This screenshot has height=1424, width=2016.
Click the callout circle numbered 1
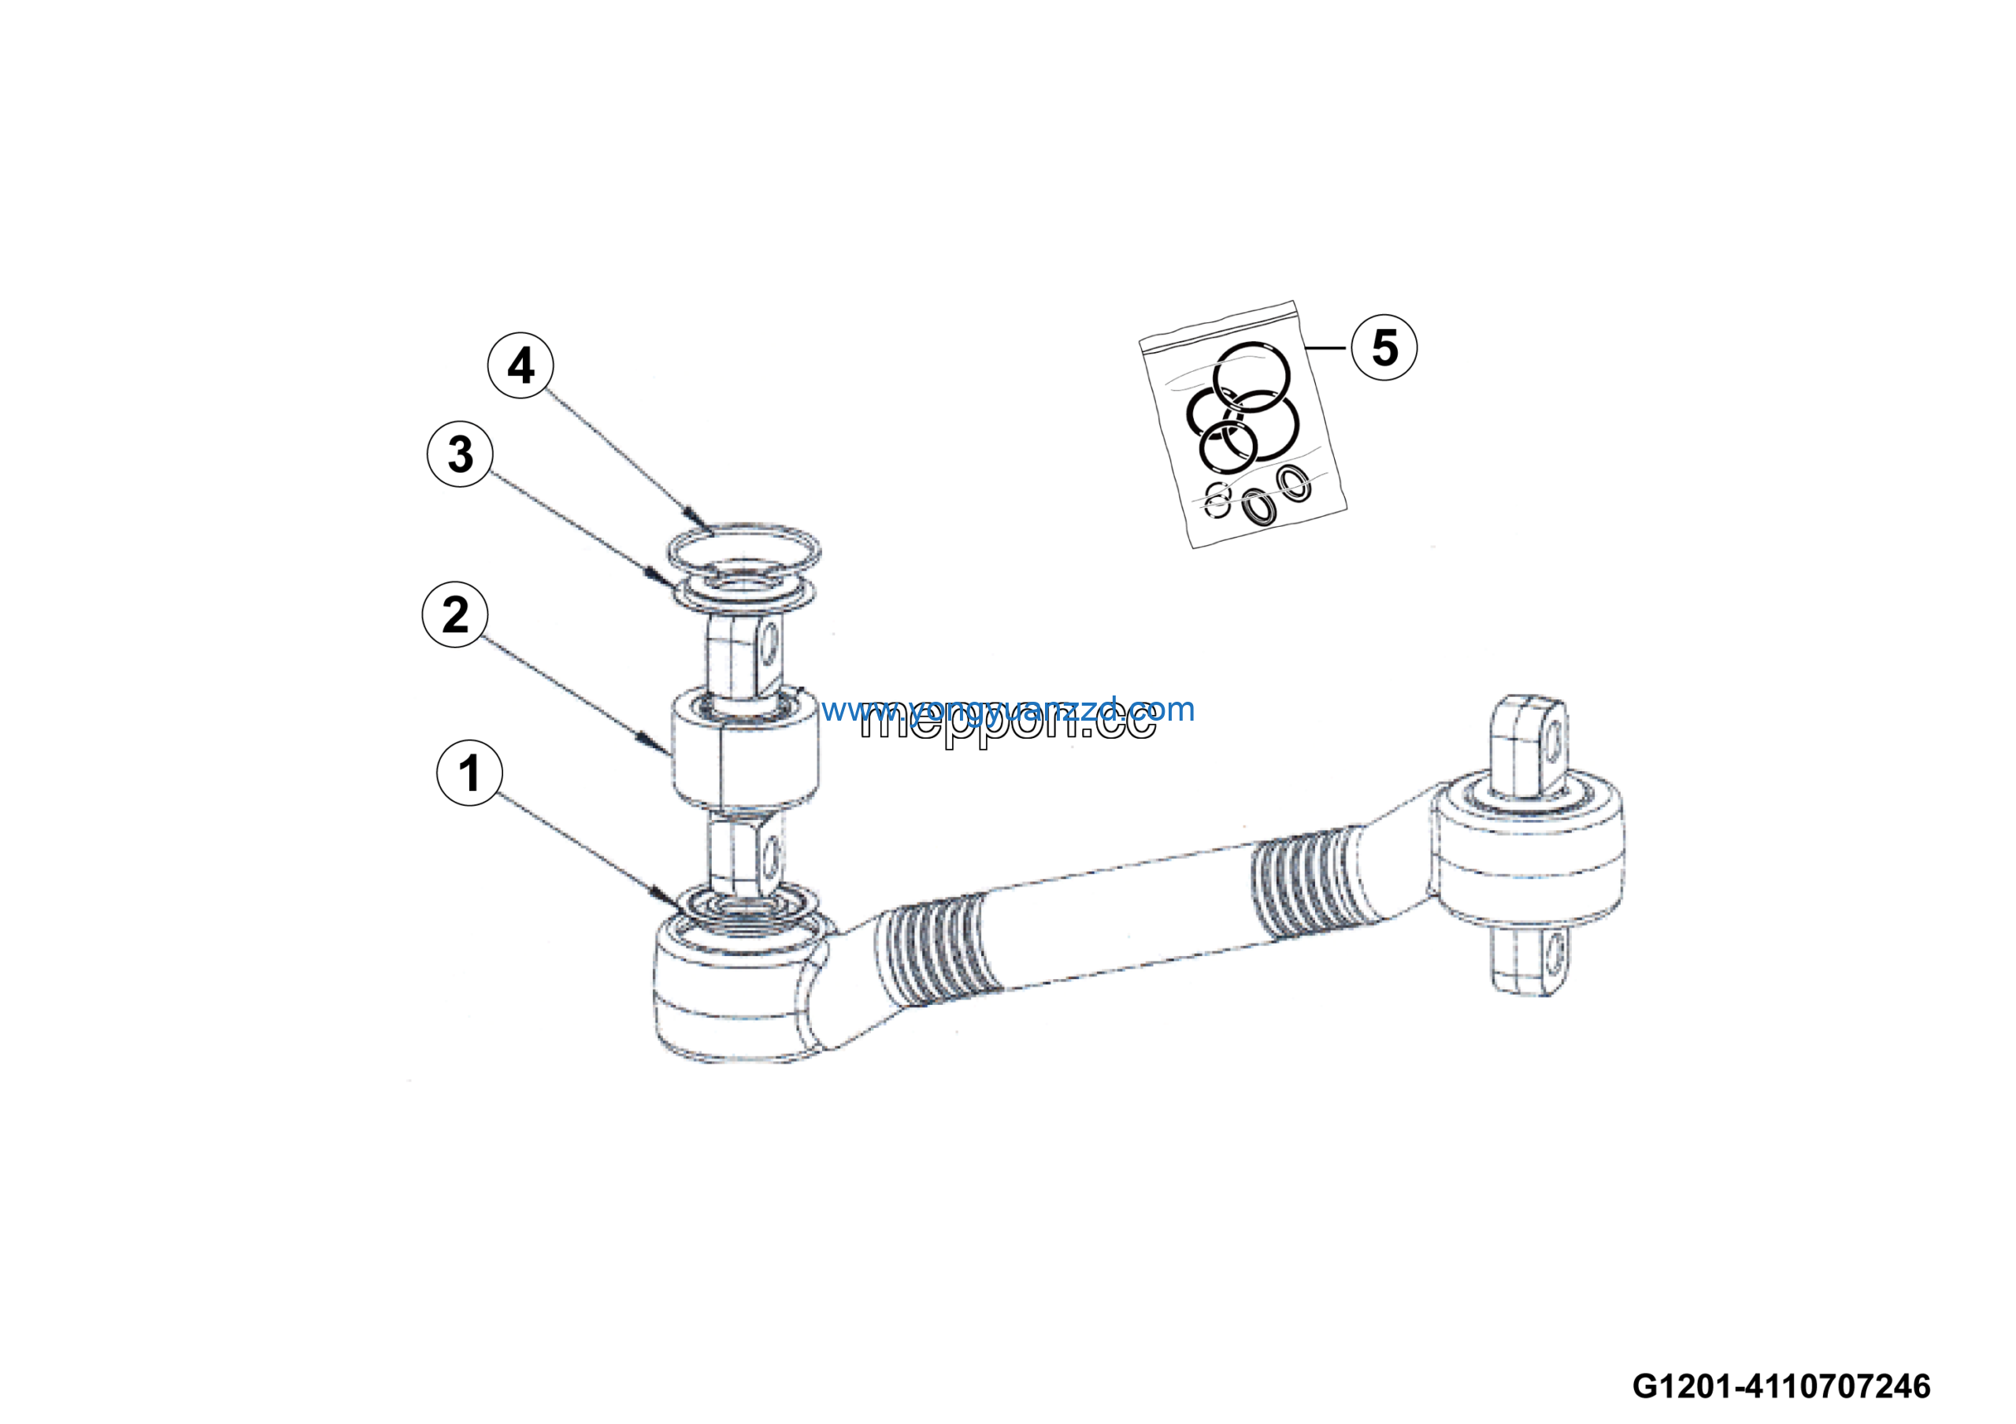(470, 773)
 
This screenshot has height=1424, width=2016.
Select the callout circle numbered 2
(455, 614)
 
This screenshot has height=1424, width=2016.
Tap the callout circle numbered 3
(460, 454)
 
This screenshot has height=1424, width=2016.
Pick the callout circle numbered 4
(521, 365)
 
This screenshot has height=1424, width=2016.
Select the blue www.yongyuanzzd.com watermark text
(1008, 710)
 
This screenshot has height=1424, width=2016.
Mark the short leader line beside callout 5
(1326, 349)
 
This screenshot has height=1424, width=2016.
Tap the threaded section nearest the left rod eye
(938, 951)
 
